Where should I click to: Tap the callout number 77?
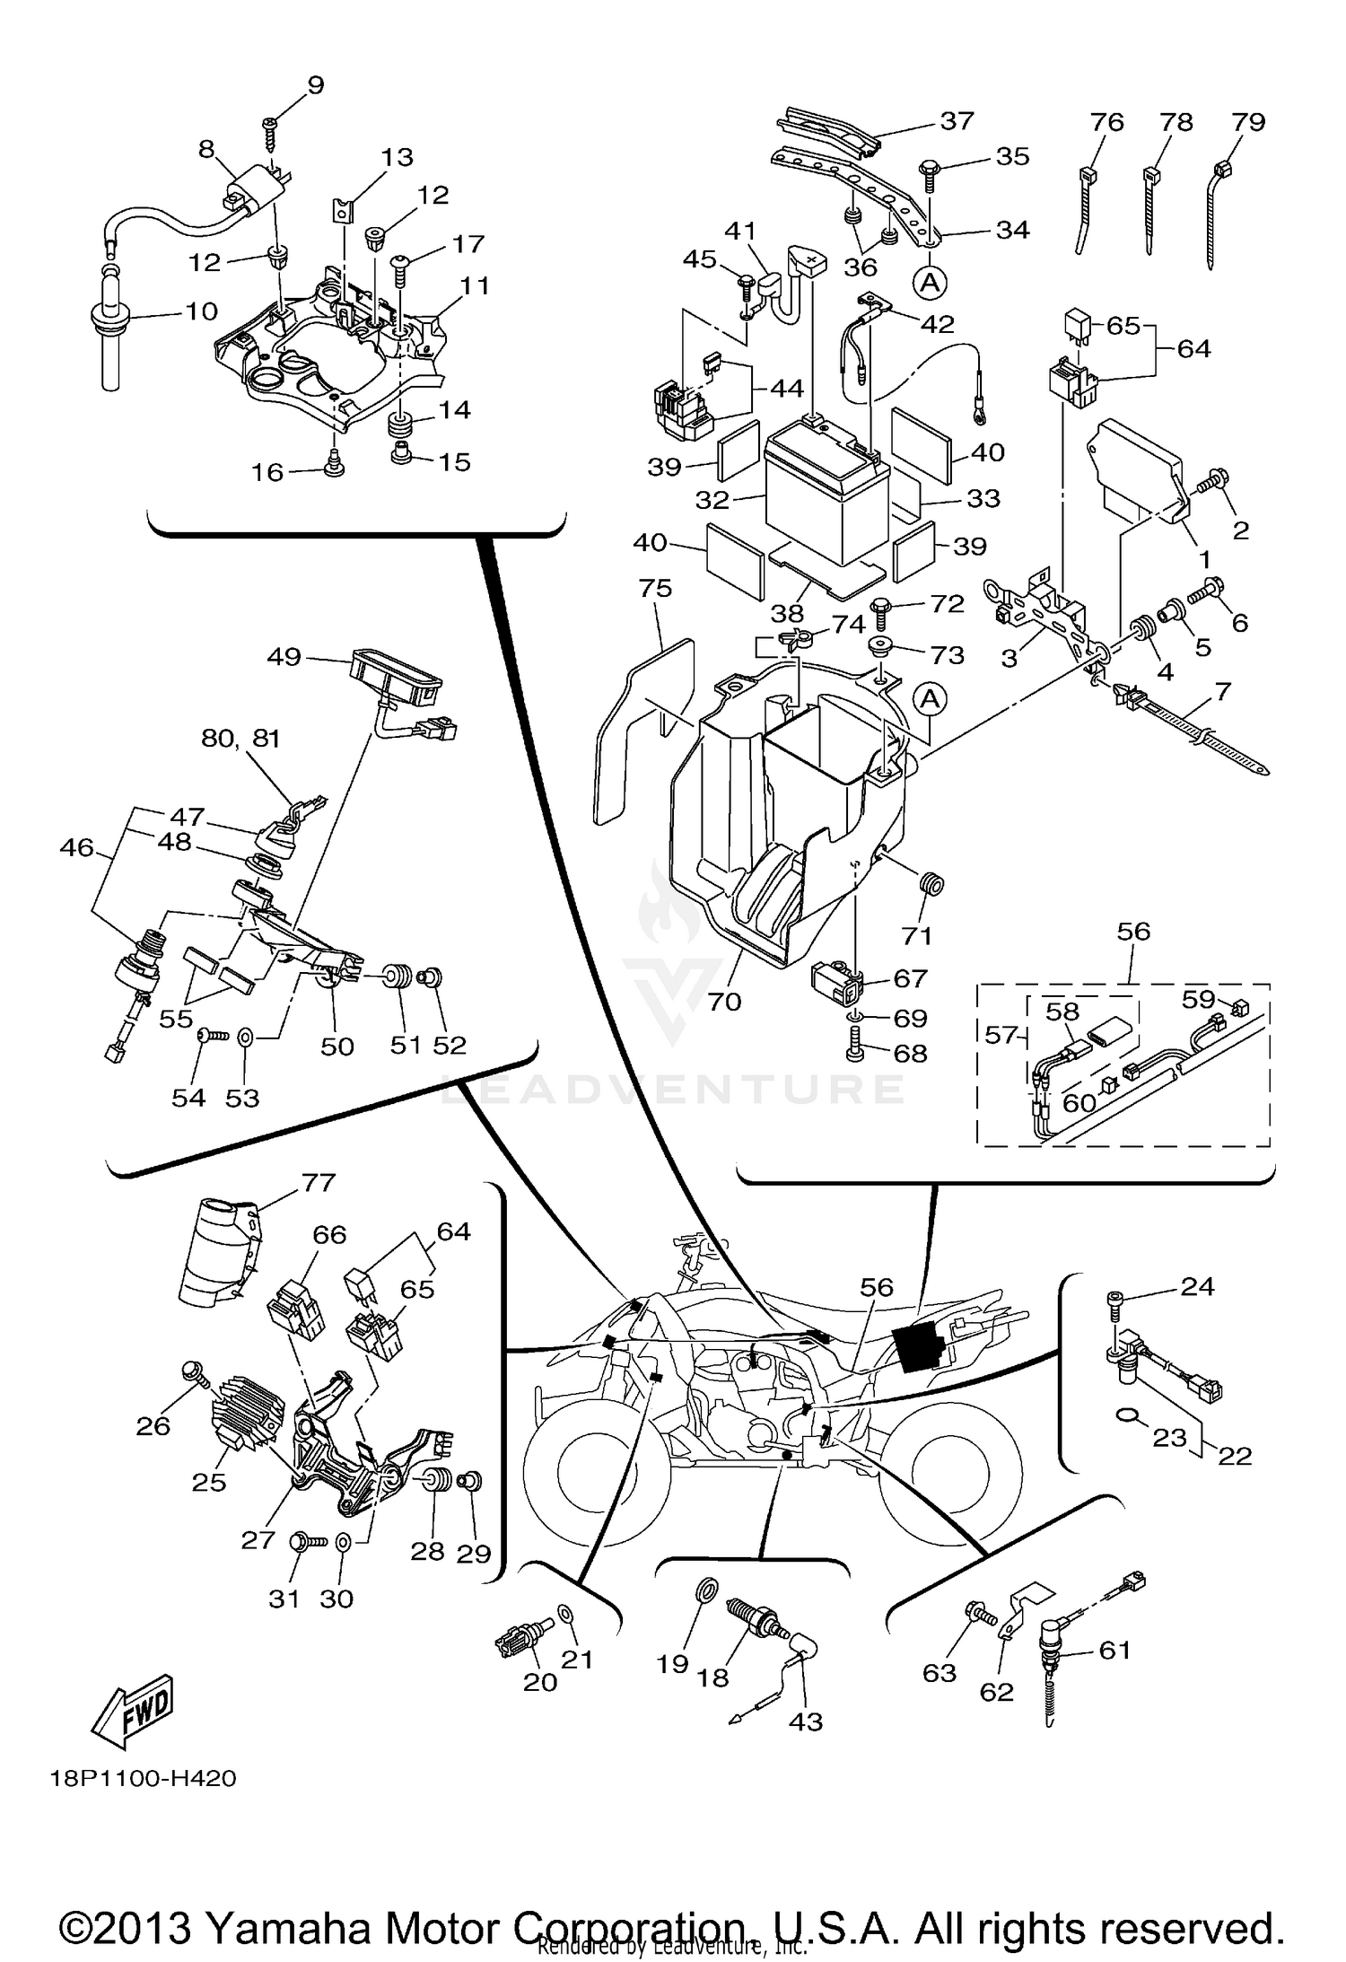[319, 1183]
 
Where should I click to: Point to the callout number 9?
[315, 85]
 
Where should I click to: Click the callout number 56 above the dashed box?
[1133, 932]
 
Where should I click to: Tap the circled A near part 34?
[931, 284]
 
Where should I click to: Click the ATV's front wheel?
[596, 1473]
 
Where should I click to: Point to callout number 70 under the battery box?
[725, 1001]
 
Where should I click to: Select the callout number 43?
[805, 1721]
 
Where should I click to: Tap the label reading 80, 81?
[240, 738]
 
